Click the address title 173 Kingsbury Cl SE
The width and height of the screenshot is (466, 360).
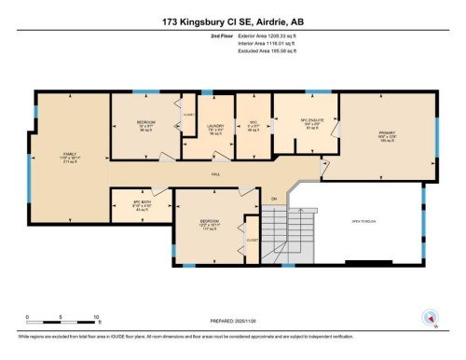(232, 19)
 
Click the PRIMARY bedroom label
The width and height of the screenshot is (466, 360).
(386, 132)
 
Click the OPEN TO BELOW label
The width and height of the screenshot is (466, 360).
(363, 222)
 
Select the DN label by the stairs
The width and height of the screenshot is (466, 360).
(275, 201)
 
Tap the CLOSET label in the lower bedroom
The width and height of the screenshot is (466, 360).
(252, 240)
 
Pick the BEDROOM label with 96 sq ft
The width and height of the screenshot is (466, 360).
(145, 127)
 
